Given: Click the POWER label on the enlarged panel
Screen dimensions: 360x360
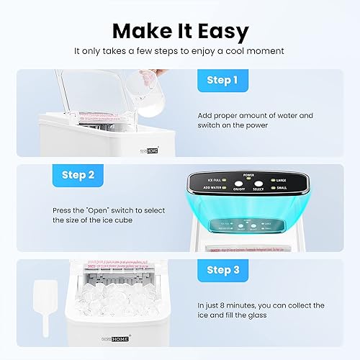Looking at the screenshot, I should point(248,175).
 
